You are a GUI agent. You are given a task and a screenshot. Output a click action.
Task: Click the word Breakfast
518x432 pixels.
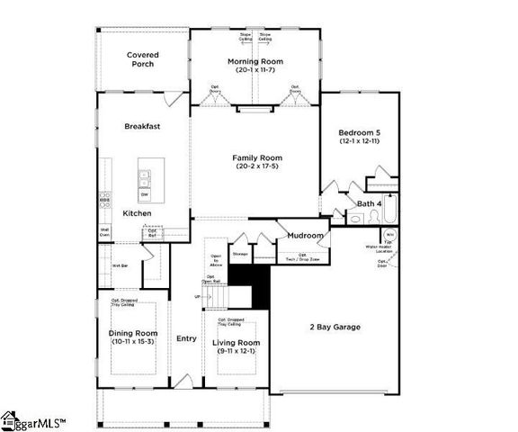tap(142, 127)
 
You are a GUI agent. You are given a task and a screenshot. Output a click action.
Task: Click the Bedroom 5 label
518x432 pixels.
tap(360, 131)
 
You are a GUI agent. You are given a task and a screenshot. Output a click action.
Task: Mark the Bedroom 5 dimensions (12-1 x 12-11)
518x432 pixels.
tap(360, 141)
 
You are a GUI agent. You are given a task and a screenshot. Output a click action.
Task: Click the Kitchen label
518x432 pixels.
tap(137, 213)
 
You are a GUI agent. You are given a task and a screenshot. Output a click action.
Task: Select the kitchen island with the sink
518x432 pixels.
tap(144, 182)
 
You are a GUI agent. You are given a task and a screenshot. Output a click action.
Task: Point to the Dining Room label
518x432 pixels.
tap(132, 333)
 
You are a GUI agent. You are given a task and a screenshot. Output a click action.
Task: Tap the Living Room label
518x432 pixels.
tap(236, 343)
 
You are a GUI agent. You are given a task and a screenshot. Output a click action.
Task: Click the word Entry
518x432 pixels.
tap(186, 338)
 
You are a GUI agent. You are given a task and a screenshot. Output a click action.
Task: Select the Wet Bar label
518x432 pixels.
tap(119, 266)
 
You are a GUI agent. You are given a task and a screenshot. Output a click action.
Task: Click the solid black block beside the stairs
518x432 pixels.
tap(259, 286)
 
